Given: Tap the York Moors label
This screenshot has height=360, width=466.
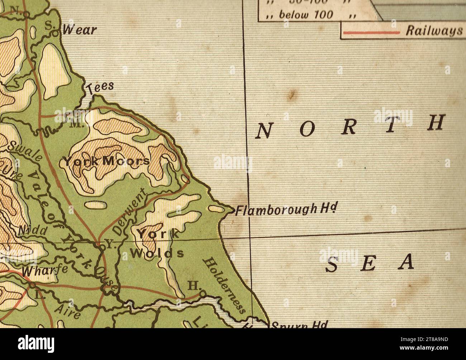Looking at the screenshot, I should pos(107,161).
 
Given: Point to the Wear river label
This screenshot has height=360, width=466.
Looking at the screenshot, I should pos(80,30).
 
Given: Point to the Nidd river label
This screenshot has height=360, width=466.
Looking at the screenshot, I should pos(32,231).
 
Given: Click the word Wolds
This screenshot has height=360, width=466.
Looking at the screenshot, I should pos(157,254).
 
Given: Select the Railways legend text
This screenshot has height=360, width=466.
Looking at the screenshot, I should pos(434,31).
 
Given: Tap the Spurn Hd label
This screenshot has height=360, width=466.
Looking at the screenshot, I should pos(299,325).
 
